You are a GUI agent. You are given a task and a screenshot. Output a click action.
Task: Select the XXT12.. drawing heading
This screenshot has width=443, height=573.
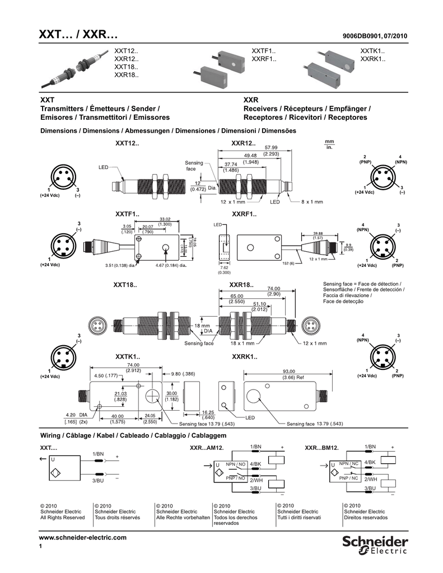coord(127,143)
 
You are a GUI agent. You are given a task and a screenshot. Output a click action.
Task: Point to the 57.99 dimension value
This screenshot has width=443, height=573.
coord(271,148)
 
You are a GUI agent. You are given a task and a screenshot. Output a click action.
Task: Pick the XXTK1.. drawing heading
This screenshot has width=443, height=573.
coord(127,356)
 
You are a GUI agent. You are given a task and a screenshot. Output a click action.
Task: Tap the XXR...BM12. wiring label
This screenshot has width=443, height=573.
coord(322,448)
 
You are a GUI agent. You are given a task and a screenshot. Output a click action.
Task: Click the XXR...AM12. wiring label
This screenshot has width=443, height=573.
coord(207,448)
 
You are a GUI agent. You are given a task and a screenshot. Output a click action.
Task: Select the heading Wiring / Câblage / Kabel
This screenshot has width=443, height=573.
coord(132,435)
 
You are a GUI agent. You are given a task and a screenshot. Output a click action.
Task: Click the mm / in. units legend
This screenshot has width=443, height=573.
coord(329,144)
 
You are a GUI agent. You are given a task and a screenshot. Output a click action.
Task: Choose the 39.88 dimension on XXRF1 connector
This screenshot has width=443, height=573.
coord(318,233)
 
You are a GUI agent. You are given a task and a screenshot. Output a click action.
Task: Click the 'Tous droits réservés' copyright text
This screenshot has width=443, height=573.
coord(118,518)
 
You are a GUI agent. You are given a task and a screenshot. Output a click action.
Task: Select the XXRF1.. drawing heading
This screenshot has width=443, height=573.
coord(244,214)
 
